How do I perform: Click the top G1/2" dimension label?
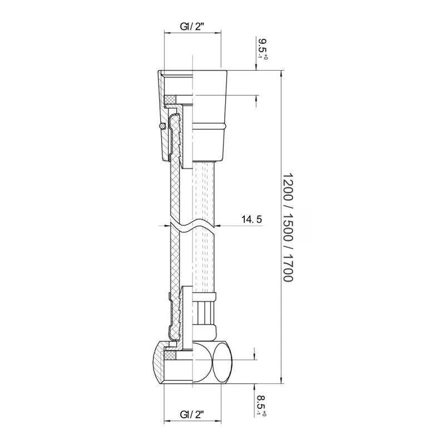coord(192,27)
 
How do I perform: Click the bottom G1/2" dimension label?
coord(192,414)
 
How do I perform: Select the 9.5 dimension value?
coord(261,46)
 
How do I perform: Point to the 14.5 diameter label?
coord(252,219)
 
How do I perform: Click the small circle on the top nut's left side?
coord(162,126)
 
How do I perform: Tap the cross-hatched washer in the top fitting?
coord(170,100)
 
